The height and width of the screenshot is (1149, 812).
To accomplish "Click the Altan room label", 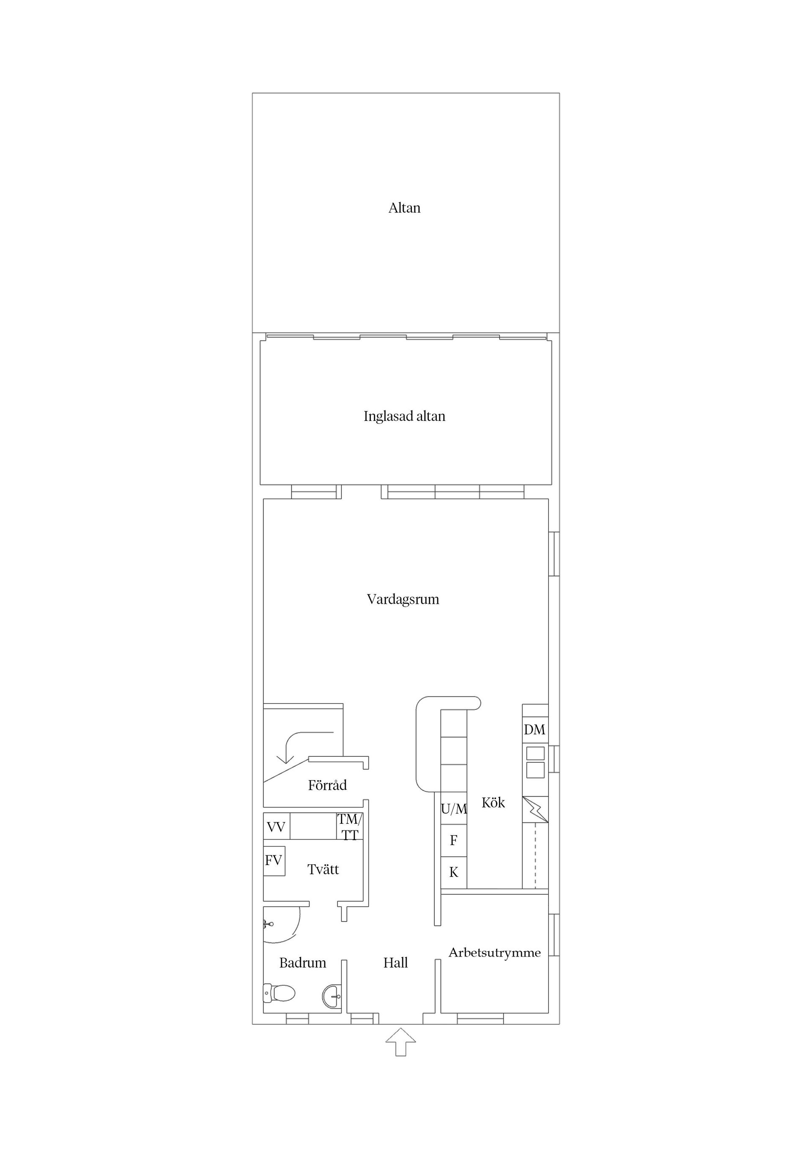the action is [x=404, y=208].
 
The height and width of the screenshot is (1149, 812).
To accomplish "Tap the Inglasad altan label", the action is [x=404, y=416].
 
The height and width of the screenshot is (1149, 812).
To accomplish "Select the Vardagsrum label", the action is [x=403, y=599].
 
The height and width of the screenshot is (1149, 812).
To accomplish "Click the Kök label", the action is [x=493, y=803].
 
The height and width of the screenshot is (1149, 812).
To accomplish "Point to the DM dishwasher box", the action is [x=535, y=730].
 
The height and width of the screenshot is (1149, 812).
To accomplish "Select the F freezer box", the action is [x=454, y=841].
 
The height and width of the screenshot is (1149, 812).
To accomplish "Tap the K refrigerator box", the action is [x=454, y=872].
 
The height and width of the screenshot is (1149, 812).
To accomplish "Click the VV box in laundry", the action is [x=276, y=827].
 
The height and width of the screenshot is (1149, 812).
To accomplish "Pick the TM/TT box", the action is [x=349, y=827].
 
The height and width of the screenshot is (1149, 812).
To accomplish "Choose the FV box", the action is [x=274, y=861].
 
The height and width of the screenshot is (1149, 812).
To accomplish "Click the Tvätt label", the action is [x=323, y=870].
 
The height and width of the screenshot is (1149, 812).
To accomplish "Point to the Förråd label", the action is [x=327, y=785].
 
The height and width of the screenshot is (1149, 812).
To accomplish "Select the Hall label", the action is [x=395, y=963].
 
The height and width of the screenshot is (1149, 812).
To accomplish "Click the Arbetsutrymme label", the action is [x=494, y=952].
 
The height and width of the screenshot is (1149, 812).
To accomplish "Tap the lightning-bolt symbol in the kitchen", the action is [x=535, y=810].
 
